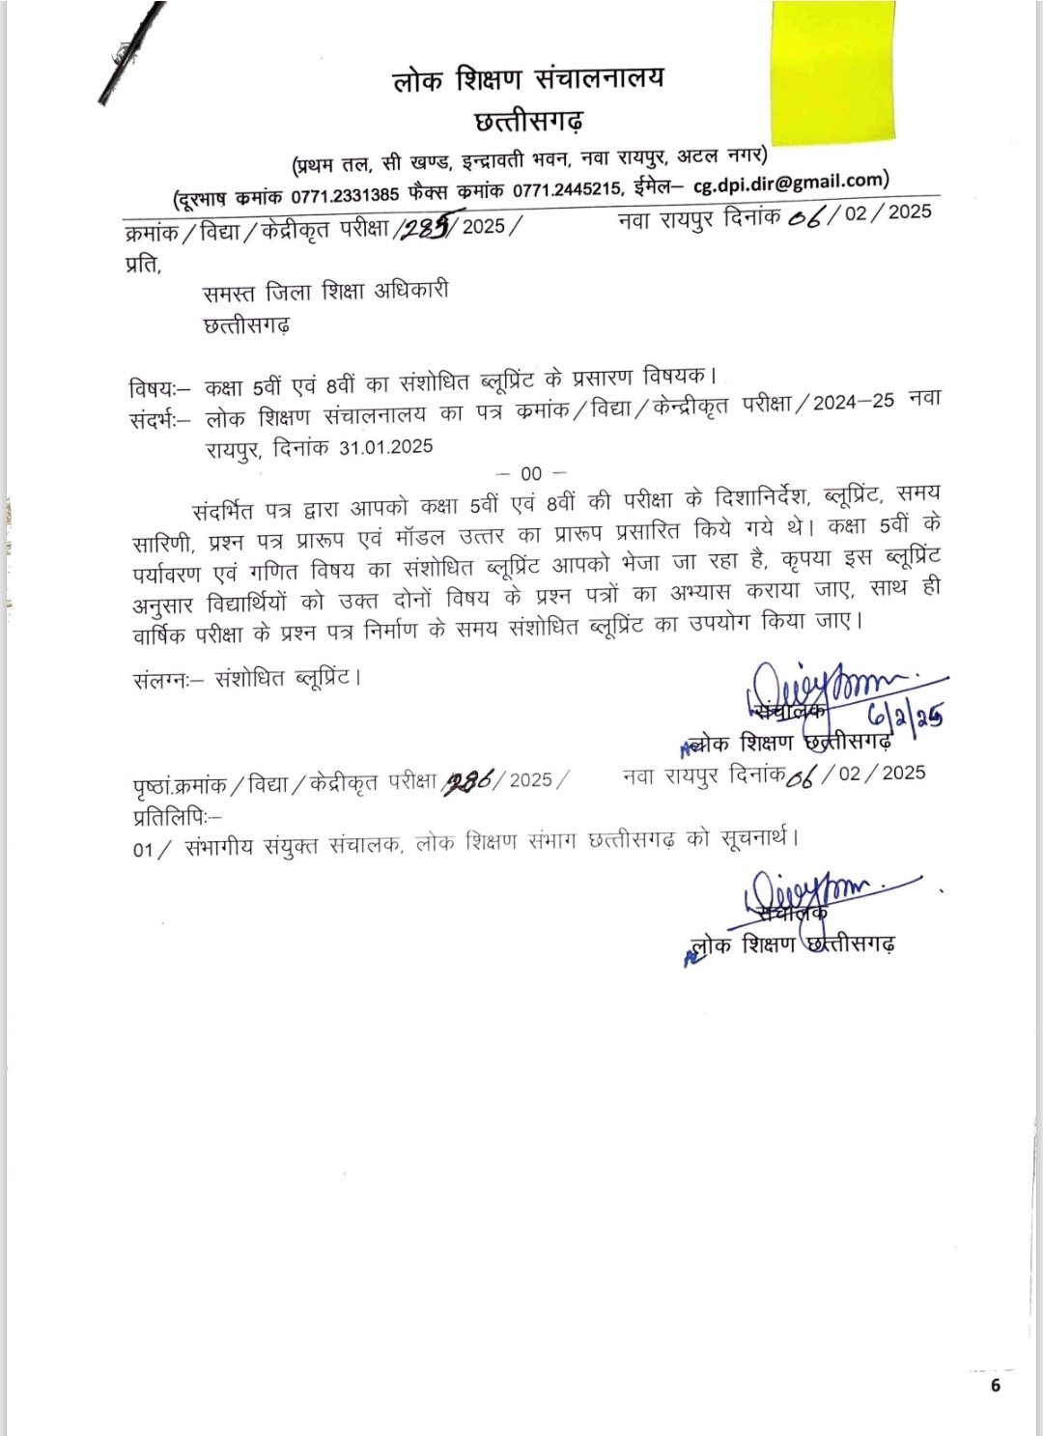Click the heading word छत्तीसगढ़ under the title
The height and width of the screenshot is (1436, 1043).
[529, 122]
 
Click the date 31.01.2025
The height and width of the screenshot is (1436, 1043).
[385, 447]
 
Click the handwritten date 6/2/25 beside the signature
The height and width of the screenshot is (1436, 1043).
[903, 715]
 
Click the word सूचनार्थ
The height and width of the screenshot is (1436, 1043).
[757, 836]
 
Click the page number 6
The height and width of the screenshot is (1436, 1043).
[995, 1387]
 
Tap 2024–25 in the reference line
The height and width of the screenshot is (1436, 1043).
[853, 403]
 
